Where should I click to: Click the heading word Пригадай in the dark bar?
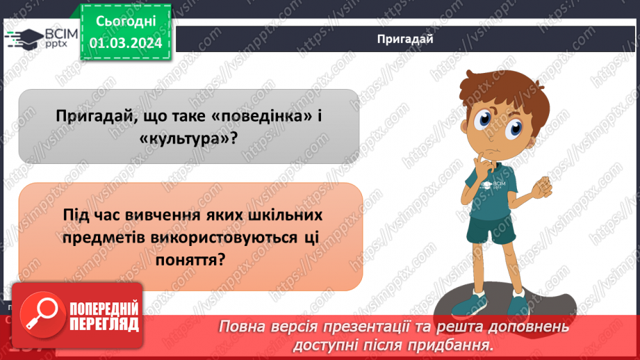405,39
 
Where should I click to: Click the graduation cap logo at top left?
23,38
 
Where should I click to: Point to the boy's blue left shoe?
520,304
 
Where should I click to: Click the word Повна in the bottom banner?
244,327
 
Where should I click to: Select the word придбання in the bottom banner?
459,345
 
